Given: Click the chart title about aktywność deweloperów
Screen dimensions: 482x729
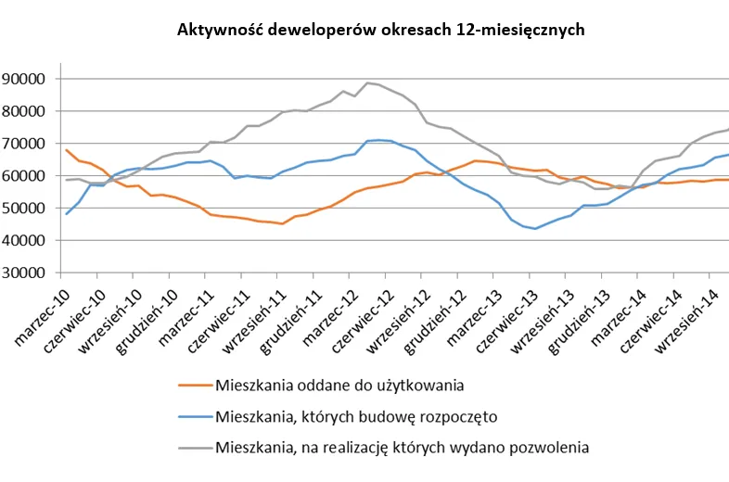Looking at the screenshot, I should click(x=380, y=30).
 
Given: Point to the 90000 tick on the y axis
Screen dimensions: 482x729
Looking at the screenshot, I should click(x=32, y=79).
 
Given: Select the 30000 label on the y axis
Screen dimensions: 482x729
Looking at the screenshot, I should click(x=32, y=273).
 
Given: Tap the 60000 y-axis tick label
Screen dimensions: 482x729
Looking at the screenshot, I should click(x=32, y=176).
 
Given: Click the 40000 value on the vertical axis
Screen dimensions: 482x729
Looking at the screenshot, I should click(x=32, y=240).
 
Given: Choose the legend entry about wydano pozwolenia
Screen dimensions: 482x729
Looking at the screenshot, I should click(x=402, y=448).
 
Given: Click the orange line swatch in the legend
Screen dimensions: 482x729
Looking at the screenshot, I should click(x=193, y=385).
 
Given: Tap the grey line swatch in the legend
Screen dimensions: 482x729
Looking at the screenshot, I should click(x=193, y=449).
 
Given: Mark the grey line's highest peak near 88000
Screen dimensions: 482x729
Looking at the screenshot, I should click(x=368, y=82).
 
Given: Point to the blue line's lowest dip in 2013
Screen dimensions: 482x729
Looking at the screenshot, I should click(x=535, y=228).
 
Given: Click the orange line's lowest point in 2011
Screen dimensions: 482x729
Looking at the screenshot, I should click(x=282, y=223).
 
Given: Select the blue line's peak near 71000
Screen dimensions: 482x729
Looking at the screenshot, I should click(x=378, y=140).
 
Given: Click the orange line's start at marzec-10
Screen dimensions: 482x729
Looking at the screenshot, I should click(x=67, y=149).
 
